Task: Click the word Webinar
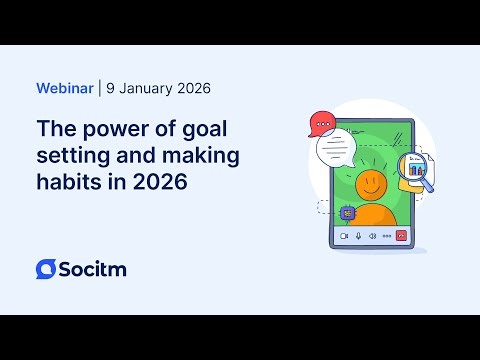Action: [64, 88]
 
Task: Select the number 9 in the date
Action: [111, 88]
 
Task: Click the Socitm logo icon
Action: [46, 269]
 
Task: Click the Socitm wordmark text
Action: [93, 269]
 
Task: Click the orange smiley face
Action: [371, 184]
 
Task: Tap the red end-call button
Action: [401, 236]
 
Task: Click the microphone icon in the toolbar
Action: [358, 236]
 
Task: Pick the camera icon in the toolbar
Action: [343, 236]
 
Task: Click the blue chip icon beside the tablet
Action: [347, 212]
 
